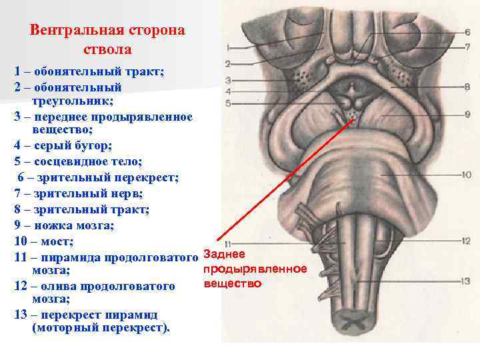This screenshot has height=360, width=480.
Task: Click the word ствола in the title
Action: (108, 49)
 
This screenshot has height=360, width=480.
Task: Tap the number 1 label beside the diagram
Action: (228, 47)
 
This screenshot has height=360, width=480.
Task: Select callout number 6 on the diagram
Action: (467, 31)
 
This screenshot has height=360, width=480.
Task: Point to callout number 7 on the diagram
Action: (467, 47)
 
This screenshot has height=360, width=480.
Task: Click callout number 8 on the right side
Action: (467, 87)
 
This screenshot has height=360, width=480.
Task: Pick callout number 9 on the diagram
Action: (467, 113)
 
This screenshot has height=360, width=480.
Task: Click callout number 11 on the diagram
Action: (228, 243)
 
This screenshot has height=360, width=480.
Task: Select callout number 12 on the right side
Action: (466, 241)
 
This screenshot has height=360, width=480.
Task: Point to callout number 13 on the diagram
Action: (466, 281)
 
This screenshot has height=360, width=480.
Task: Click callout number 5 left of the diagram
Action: (228, 103)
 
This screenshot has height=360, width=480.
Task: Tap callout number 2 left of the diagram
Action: (228, 64)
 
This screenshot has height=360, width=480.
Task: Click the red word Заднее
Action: (223, 254)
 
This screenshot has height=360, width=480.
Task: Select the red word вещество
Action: (232, 283)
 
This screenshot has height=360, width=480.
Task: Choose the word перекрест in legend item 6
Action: (146, 178)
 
